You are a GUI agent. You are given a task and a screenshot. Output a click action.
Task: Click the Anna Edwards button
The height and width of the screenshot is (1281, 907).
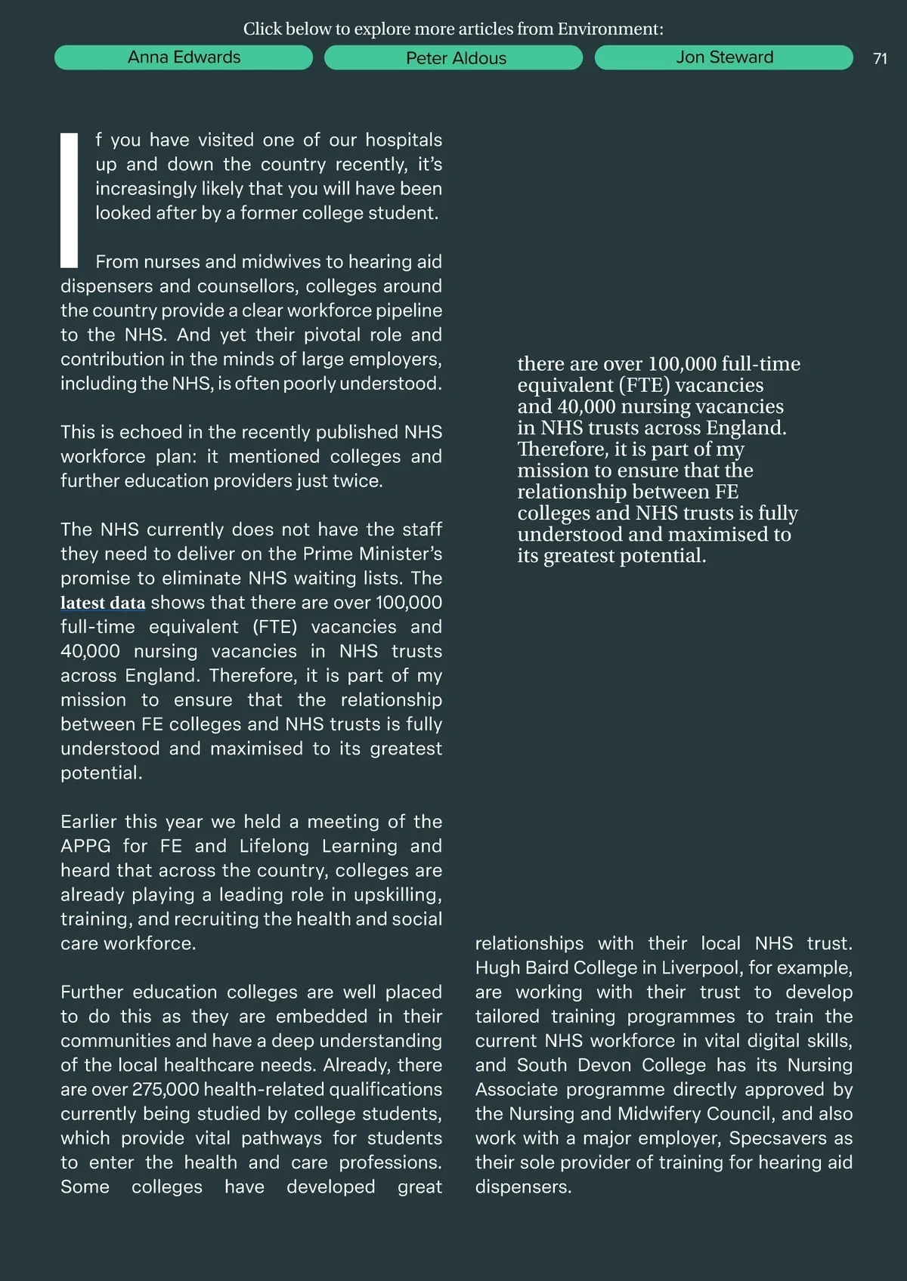[184, 57]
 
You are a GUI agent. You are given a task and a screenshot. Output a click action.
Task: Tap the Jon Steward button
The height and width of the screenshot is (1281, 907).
[724, 57]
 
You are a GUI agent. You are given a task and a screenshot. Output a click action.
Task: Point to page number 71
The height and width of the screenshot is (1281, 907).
[880, 59]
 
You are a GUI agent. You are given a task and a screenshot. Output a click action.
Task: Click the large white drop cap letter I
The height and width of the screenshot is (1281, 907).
[70, 200]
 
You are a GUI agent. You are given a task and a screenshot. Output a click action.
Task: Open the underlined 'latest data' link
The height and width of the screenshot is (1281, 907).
[103, 603]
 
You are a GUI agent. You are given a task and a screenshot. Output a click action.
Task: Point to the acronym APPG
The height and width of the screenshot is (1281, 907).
[85, 846]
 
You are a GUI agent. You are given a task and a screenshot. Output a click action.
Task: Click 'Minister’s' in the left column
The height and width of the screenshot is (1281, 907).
[401, 554]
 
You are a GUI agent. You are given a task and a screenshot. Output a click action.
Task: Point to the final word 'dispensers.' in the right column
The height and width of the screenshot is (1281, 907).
[523, 1187]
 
